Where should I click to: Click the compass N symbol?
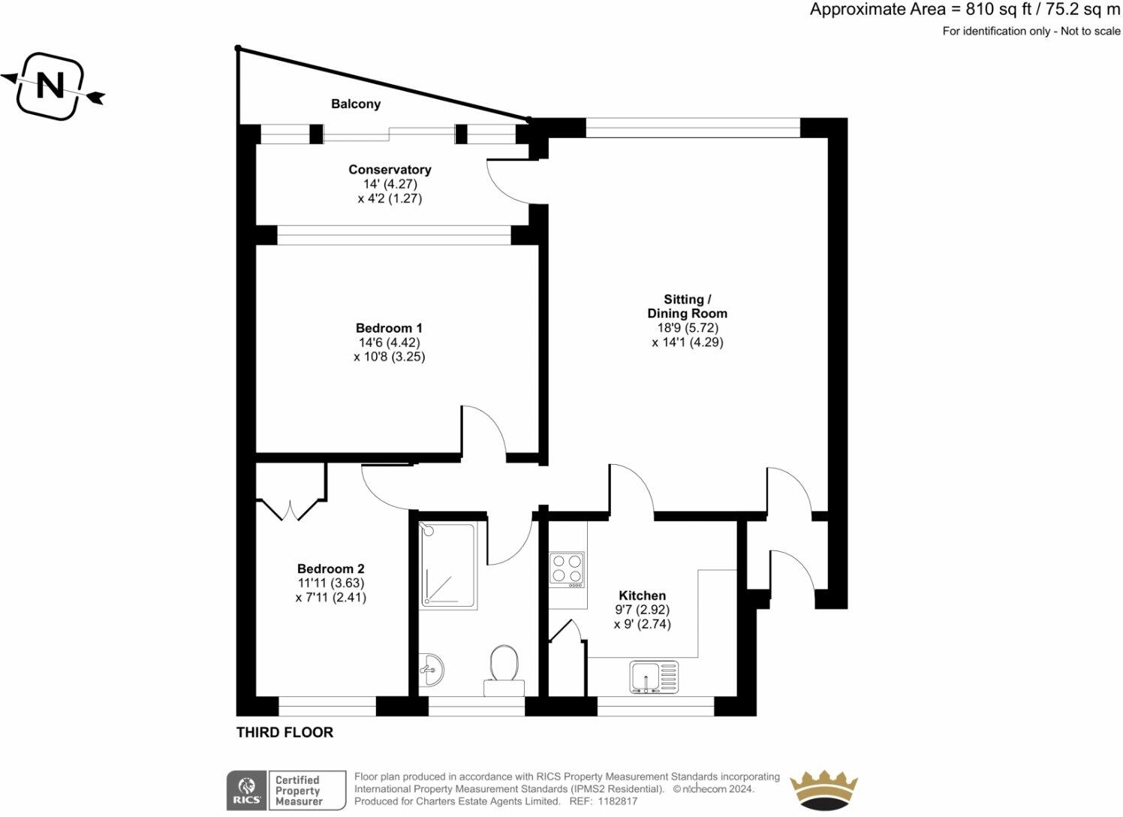click(51, 86)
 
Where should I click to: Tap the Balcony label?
click(356, 104)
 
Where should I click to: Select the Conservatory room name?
click(390, 170)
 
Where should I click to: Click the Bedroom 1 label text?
click(389, 328)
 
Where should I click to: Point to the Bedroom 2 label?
click(330, 569)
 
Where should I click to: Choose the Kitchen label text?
click(642, 595)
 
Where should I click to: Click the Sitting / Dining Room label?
click(687, 306)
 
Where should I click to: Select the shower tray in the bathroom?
click(447, 565)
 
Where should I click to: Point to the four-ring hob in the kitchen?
click(567, 569)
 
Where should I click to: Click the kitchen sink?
click(654, 677)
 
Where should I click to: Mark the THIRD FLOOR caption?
click(285, 732)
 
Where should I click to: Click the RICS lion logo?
click(246, 791)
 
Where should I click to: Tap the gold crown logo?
click(823, 790)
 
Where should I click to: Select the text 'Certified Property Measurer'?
click(298, 791)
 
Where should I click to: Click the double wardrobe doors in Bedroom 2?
click(290, 510)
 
